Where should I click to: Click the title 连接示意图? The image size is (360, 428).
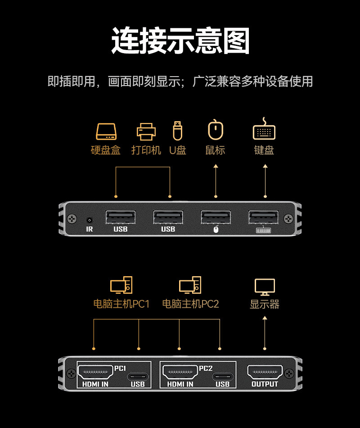pos(180,41)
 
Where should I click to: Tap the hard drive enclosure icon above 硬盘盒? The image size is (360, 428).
pos(106,131)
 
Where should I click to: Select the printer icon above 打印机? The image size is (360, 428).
pos(146,131)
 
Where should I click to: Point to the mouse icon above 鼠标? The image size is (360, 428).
pos(216,130)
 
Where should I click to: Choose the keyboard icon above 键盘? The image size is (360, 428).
pos(264,130)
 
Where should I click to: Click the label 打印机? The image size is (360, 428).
pos(146,150)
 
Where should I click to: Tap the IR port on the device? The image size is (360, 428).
pos(89,220)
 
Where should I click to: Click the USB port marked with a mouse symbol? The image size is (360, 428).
pos(216,217)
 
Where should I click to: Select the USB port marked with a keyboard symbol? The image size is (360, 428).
pos(264,217)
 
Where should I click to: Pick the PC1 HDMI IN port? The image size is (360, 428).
pos(95,373)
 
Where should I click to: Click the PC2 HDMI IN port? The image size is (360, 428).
pos(180,373)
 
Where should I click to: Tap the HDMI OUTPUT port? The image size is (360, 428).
pos(265,373)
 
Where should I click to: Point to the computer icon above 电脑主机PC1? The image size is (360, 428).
pos(121,285)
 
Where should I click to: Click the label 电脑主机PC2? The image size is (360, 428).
pos(190,304)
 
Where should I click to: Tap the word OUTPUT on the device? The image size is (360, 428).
pos(265,384)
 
